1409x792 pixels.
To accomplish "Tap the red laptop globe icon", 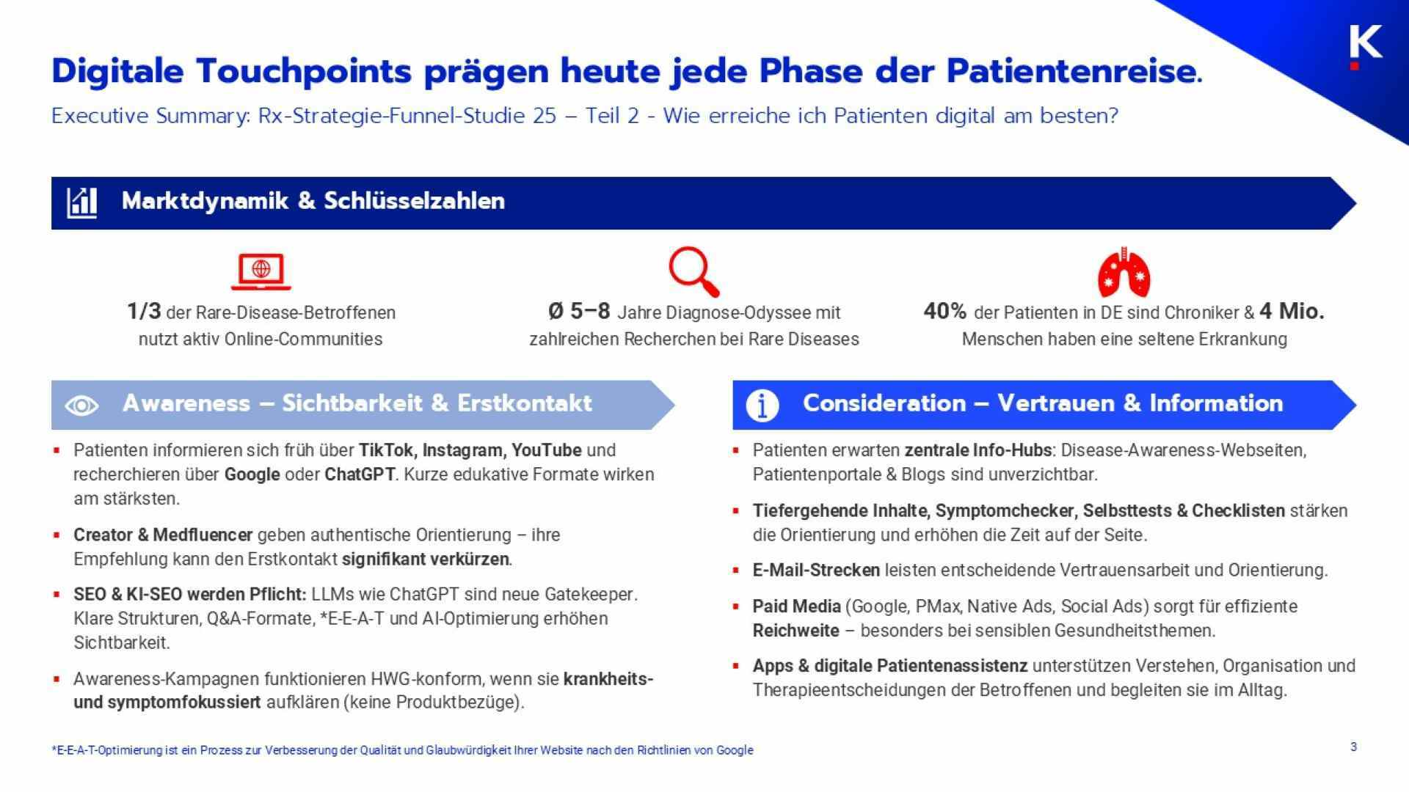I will [261, 271].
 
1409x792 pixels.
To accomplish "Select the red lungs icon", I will [1124, 272].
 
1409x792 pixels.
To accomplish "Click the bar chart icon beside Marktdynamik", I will [81, 202].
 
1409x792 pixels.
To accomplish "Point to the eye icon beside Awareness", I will [81, 405].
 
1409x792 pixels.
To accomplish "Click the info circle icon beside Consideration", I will [762, 405].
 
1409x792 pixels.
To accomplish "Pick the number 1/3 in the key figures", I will [144, 312].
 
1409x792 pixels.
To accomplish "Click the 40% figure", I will [944, 312].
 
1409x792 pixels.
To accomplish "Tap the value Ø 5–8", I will [579, 312].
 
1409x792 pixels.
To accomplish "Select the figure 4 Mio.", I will [1292, 312].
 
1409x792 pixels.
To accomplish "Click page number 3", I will [1353, 747].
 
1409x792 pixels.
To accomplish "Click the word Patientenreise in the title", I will [1071, 71].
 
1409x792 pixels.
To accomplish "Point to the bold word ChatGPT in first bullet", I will [360, 474].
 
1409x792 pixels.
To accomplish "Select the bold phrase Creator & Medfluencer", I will [162, 535].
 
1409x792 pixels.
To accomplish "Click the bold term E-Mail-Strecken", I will [816, 570].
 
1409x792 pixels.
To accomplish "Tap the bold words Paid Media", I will [796, 606].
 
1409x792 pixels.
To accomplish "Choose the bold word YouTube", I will [546, 450].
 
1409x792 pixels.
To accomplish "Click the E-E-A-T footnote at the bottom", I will [402, 750].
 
